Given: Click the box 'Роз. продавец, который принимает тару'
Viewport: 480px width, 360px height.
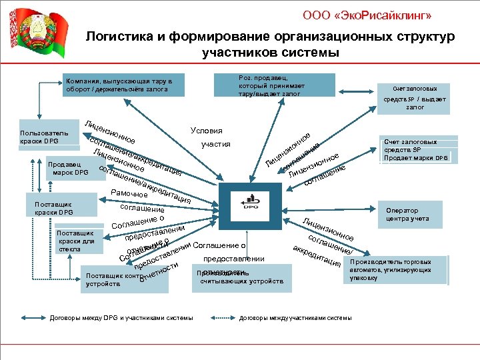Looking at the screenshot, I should point(274,85).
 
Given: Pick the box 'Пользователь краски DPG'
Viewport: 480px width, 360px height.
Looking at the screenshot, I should point(44,137).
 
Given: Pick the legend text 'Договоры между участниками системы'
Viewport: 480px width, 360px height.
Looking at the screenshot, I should point(295,318).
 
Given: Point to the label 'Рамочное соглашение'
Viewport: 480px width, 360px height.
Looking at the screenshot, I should point(133,200).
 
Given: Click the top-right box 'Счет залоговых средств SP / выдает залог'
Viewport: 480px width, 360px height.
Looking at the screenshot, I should point(415,97).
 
